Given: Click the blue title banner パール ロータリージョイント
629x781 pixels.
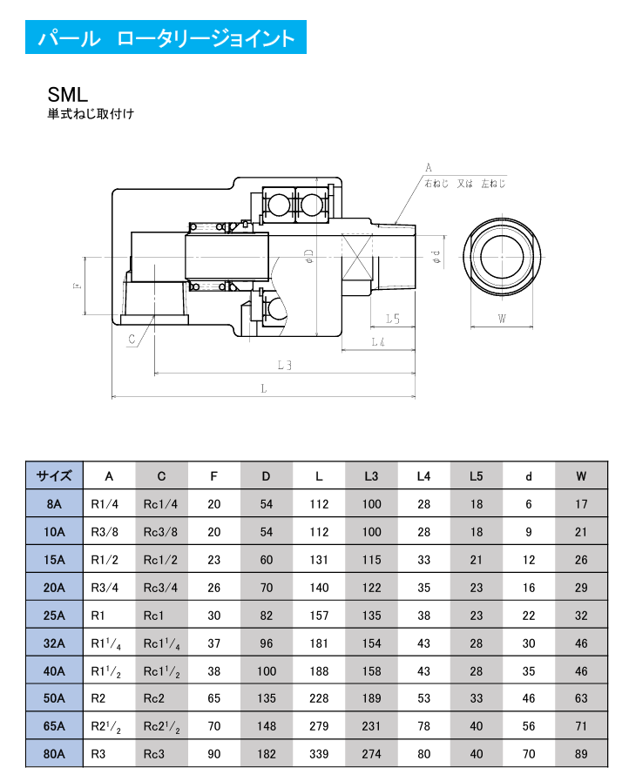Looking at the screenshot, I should pyautogui.click(x=166, y=39).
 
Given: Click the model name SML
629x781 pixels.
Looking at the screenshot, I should pyautogui.click(x=69, y=94).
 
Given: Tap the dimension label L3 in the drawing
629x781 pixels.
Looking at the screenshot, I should pyautogui.click(x=284, y=365).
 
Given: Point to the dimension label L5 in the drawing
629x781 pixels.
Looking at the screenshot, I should pyautogui.click(x=392, y=320).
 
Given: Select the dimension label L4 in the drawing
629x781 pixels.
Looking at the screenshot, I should pyautogui.click(x=378, y=342).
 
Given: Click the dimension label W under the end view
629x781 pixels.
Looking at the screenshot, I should pyautogui.click(x=503, y=319).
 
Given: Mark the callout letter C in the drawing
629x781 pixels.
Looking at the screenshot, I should pyautogui.click(x=131, y=340).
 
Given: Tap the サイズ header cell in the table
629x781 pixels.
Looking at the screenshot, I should pyautogui.click(x=54, y=476).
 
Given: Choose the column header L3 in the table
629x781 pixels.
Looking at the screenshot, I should pyautogui.click(x=372, y=476).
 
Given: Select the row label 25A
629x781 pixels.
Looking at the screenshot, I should pyautogui.click(x=54, y=615).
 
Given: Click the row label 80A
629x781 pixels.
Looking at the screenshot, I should pyautogui.click(x=54, y=754).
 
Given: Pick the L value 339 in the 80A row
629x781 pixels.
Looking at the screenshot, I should pyautogui.click(x=320, y=754).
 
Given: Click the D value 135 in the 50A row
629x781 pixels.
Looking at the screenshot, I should pyautogui.click(x=267, y=698).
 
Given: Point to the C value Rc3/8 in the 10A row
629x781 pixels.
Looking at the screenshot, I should pyautogui.click(x=161, y=532).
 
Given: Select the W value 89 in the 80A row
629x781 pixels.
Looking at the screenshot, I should pyautogui.click(x=582, y=754).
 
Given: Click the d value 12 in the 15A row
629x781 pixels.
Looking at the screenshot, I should pyautogui.click(x=529, y=560).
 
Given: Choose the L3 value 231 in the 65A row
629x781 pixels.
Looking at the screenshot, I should pyautogui.click(x=372, y=726).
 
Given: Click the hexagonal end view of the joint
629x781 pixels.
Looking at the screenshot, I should pyautogui.click(x=502, y=258).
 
